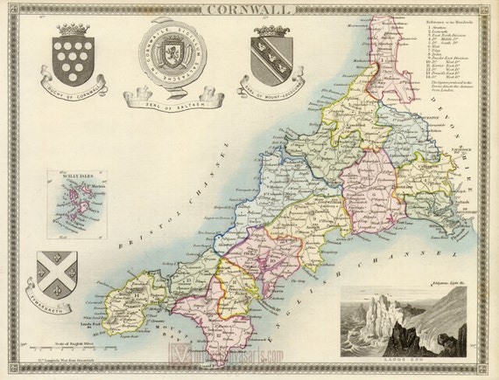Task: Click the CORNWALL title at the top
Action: coord(249,10)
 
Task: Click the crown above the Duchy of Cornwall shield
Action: coord(72,30)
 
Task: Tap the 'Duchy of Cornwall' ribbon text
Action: coord(72,90)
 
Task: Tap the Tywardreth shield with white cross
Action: coord(57,272)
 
